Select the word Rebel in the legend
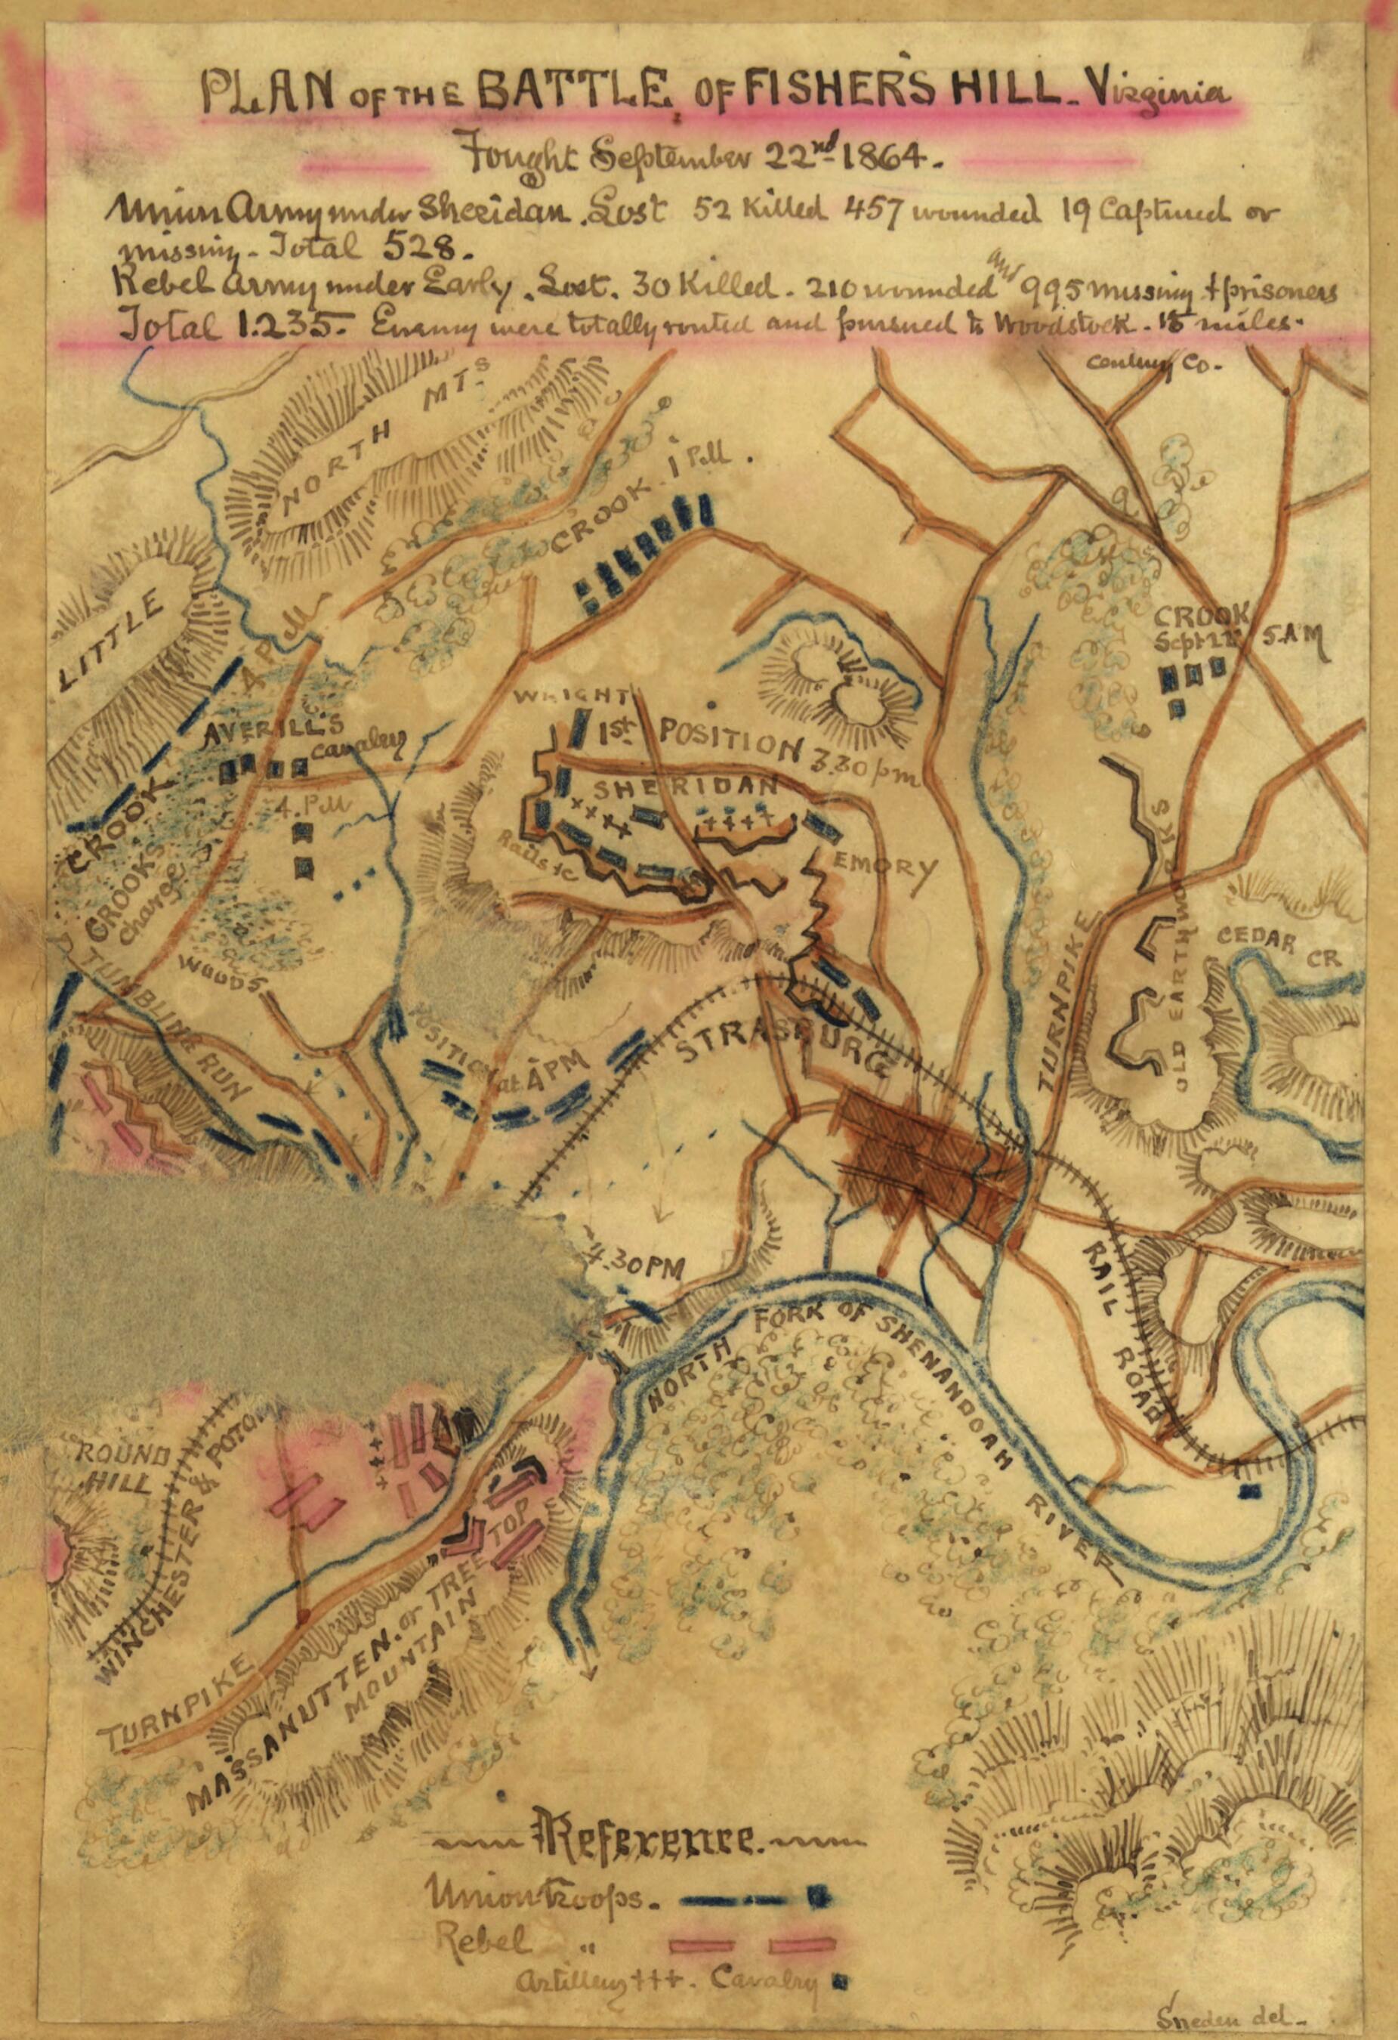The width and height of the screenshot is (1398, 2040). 483,1915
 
